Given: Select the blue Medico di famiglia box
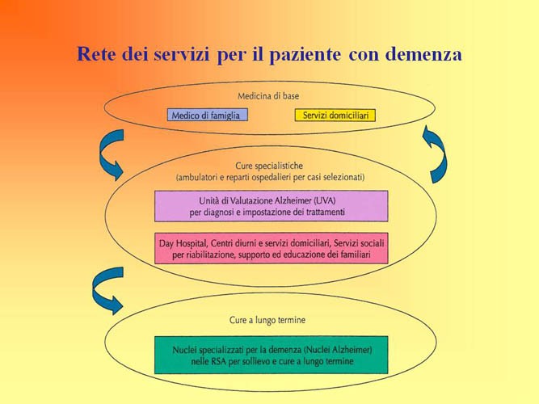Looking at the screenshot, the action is [x=208, y=115].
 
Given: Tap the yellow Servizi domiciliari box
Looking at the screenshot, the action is [x=335, y=116].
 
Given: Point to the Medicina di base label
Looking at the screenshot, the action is [x=268, y=96].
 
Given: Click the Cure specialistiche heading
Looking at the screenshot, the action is [x=269, y=166].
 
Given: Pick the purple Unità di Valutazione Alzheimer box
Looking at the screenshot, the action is [x=272, y=206].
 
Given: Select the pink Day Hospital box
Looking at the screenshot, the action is [x=272, y=248].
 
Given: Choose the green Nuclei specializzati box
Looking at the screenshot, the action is [x=272, y=355].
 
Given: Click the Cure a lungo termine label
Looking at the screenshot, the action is [x=267, y=320].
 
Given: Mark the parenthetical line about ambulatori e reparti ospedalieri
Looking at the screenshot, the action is [x=270, y=178].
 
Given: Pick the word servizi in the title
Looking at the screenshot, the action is [x=182, y=54].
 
